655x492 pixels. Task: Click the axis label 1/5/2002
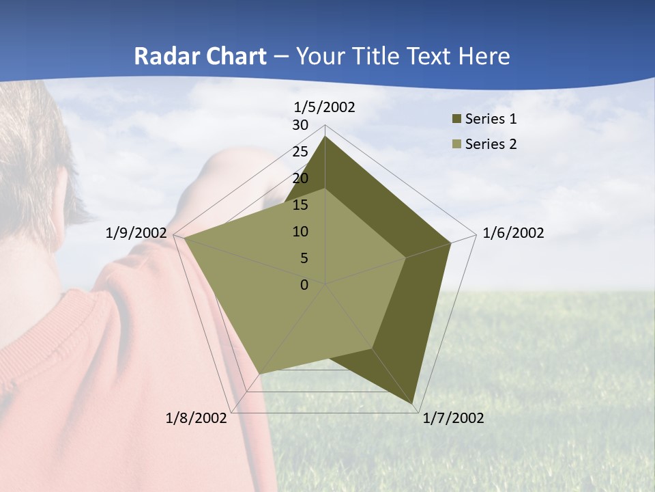(x=324, y=107)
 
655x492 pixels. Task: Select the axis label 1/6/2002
(x=513, y=233)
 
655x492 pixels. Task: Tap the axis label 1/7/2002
(x=453, y=418)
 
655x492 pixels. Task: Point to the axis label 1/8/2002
(x=196, y=418)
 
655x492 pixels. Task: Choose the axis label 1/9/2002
(x=136, y=233)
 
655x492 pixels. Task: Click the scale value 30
(x=300, y=125)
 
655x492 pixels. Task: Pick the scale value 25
(x=300, y=152)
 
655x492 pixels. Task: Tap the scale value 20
(x=300, y=178)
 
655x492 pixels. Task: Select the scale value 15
(x=300, y=205)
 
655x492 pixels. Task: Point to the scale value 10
(x=300, y=232)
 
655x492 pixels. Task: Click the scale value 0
(x=304, y=285)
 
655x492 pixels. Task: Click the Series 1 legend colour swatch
(x=457, y=120)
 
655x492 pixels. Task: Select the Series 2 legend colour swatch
(x=457, y=144)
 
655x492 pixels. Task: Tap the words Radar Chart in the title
(x=200, y=56)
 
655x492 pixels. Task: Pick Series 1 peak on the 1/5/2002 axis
(x=325, y=137)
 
